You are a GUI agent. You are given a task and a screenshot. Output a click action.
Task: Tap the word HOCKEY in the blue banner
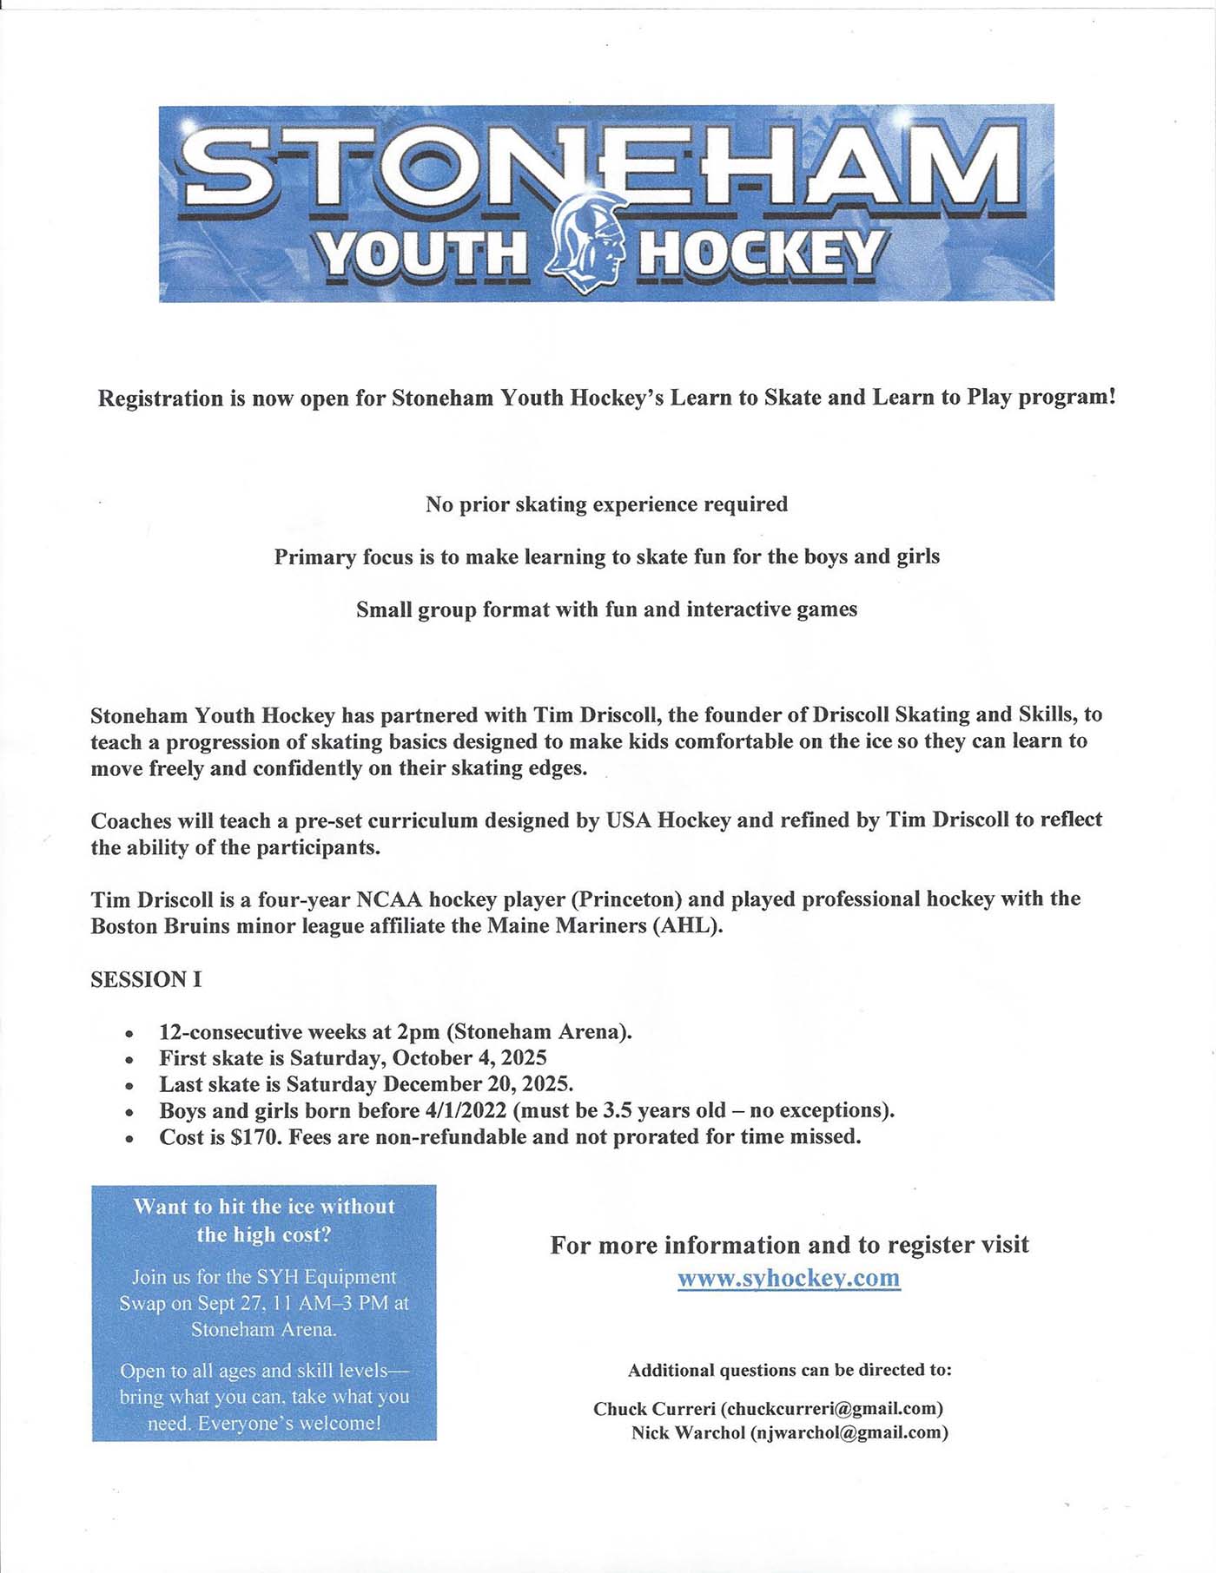[762, 254]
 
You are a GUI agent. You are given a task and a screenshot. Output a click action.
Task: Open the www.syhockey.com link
[789, 1278]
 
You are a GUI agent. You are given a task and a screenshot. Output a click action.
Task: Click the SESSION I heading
[146, 979]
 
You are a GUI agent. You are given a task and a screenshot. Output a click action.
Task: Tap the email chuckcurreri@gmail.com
[831, 1408]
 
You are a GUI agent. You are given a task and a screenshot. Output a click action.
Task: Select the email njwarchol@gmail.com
[849, 1432]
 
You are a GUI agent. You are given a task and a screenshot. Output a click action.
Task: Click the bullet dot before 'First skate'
[129, 1060]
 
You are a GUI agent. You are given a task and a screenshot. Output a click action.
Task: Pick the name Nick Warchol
[687, 1432]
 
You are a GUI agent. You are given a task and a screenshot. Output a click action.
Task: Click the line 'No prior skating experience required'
[606, 504]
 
